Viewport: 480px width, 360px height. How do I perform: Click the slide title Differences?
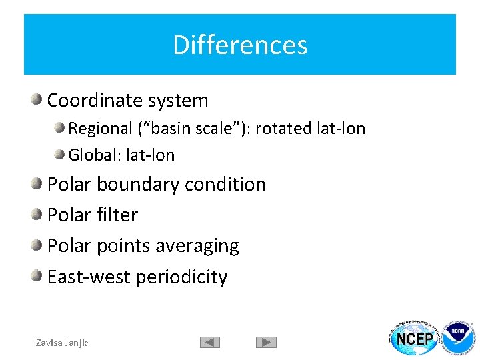[x=240, y=45]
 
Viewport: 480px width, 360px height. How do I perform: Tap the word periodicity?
[x=183, y=277]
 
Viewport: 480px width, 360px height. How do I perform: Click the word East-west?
[x=89, y=277]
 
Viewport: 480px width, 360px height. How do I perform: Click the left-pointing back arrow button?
[x=209, y=342]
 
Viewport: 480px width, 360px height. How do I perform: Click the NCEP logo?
[x=415, y=339]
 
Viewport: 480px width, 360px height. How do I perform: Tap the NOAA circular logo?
[x=459, y=339]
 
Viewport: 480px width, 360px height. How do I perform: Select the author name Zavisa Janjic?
[x=62, y=343]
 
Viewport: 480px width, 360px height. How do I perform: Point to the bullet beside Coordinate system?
[x=37, y=100]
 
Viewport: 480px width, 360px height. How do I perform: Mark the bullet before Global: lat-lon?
[x=60, y=155]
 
